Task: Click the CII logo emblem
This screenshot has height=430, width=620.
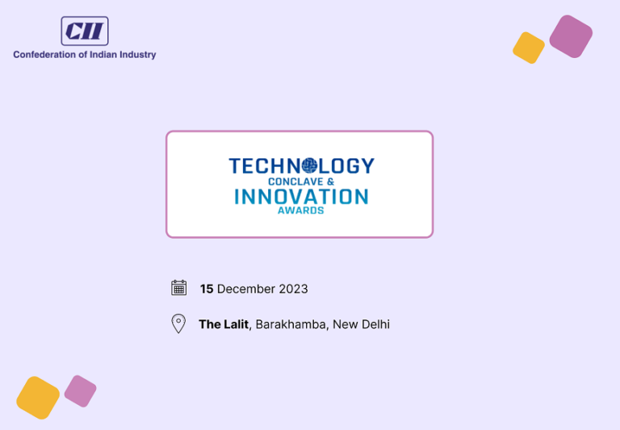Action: pos(85,31)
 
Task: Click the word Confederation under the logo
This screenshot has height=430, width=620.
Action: pos(44,55)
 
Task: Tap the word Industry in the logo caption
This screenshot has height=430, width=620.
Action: pos(136,55)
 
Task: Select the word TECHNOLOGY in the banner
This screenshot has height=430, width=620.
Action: pos(301,166)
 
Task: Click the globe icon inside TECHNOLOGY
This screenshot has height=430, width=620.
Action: pos(309,166)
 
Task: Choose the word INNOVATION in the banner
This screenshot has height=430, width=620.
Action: pos(301,196)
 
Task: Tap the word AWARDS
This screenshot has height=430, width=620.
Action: pos(300,211)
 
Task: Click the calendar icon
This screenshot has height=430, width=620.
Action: pos(179,288)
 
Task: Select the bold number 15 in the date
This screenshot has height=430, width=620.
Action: pos(207,289)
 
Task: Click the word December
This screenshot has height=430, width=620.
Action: pos(246,289)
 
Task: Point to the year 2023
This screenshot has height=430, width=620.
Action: pos(293,289)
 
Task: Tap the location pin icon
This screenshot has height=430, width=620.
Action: pos(178,324)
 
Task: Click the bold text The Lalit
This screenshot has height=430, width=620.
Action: pos(224,324)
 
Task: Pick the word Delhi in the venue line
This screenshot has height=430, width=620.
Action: pos(375,324)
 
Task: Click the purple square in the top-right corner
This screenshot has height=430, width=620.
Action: pos(571,36)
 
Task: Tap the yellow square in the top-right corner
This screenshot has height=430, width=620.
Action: pos(529,48)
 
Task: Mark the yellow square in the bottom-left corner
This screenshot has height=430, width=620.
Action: pos(38,398)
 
